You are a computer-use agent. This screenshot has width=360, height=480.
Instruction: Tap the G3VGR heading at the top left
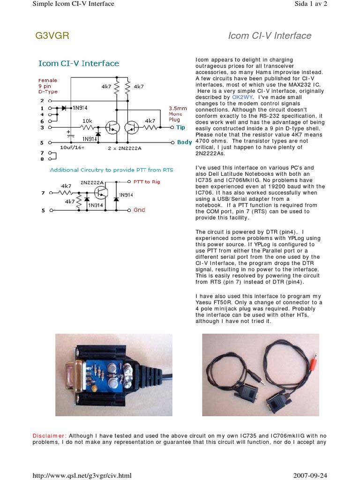52,36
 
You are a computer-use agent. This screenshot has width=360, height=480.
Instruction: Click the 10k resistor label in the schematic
87,120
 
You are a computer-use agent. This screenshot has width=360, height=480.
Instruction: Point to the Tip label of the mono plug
180,127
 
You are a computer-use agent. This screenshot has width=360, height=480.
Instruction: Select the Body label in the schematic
184,142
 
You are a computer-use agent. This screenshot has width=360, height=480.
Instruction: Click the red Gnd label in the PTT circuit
139,210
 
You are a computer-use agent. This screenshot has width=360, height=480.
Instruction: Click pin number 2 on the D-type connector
42,100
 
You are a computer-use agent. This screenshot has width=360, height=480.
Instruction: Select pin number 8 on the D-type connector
42,159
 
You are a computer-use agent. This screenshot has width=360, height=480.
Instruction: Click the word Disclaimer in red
50,435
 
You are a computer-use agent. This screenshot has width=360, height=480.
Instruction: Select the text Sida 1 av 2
310,4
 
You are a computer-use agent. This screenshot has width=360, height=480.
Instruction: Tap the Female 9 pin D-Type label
48,86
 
